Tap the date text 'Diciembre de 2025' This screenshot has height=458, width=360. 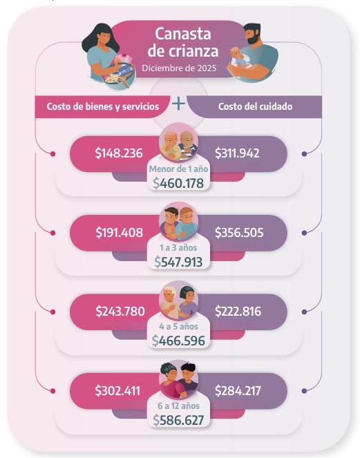(x=178, y=68)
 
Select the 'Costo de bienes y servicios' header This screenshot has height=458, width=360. (x=102, y=106)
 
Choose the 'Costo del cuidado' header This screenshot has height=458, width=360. (x=254, y=106)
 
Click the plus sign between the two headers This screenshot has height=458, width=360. (x=179, y=104)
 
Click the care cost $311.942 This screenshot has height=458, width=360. (x=237, y=153)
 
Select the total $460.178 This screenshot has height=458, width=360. (x=179, y=183)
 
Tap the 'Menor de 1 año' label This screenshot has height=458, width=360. (x=178, y=168)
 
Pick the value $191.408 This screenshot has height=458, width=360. (x=119, y=232)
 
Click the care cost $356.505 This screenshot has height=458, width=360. (x=239, y=232)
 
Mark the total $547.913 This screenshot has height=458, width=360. (x=179, y=262)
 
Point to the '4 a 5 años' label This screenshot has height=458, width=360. (x=178, y=326)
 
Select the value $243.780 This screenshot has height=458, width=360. (x=120, y=312)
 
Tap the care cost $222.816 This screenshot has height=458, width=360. (x=238, y=312)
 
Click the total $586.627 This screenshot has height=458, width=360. (x=179, y=420)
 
